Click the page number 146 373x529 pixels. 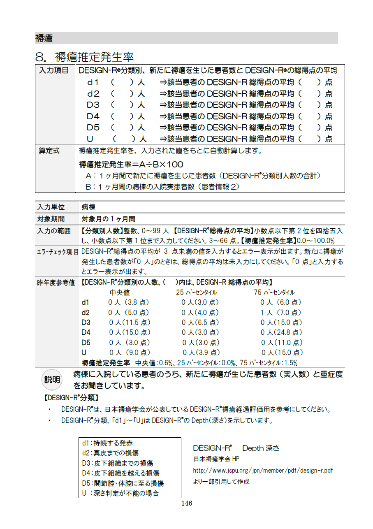tap(187, 503)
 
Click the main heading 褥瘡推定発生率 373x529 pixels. tap(94, 56)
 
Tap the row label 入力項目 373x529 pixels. tap(54, 70)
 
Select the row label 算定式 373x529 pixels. tap(49, 151)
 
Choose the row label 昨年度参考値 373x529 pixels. tap(56, 283)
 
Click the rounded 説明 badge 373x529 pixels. tap(52, 379)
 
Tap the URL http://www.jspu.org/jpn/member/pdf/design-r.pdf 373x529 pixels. tap(263, 470)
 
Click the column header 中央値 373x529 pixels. tap(120, 292)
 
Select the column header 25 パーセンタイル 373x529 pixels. tap(196, 292)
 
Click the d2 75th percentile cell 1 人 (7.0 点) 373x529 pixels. tap(281, 313)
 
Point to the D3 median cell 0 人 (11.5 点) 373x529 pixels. tap(130, 323)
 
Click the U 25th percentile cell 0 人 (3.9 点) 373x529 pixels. tap(201, 353)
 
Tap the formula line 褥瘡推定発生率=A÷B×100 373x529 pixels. tap(131, 165)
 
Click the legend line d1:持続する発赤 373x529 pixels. tap(107, 443)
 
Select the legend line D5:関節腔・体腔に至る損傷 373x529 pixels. tap(123, 483)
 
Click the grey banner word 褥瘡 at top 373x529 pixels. tap(44, 38)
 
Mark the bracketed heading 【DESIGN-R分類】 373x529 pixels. tap(71, 398)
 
